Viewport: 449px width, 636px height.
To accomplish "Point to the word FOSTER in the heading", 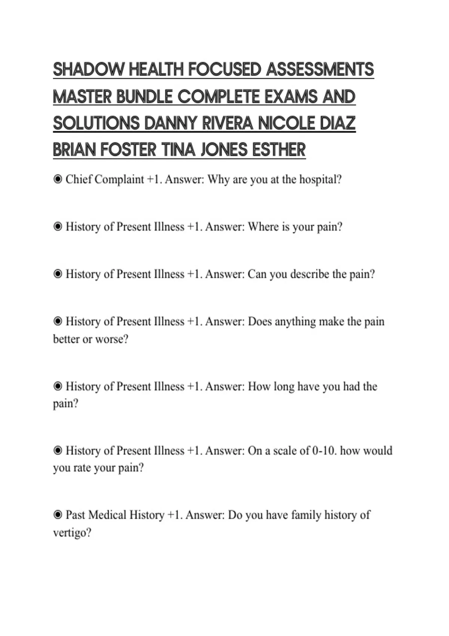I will coord(128,150).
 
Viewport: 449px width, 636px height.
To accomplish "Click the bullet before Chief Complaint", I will coord(58,180).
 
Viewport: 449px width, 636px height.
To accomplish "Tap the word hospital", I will coord(320,180).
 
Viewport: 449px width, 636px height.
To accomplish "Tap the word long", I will coord(284,386).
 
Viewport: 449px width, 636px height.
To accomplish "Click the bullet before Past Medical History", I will coord(58,515).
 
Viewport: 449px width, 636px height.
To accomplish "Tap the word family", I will coord(306,515).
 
